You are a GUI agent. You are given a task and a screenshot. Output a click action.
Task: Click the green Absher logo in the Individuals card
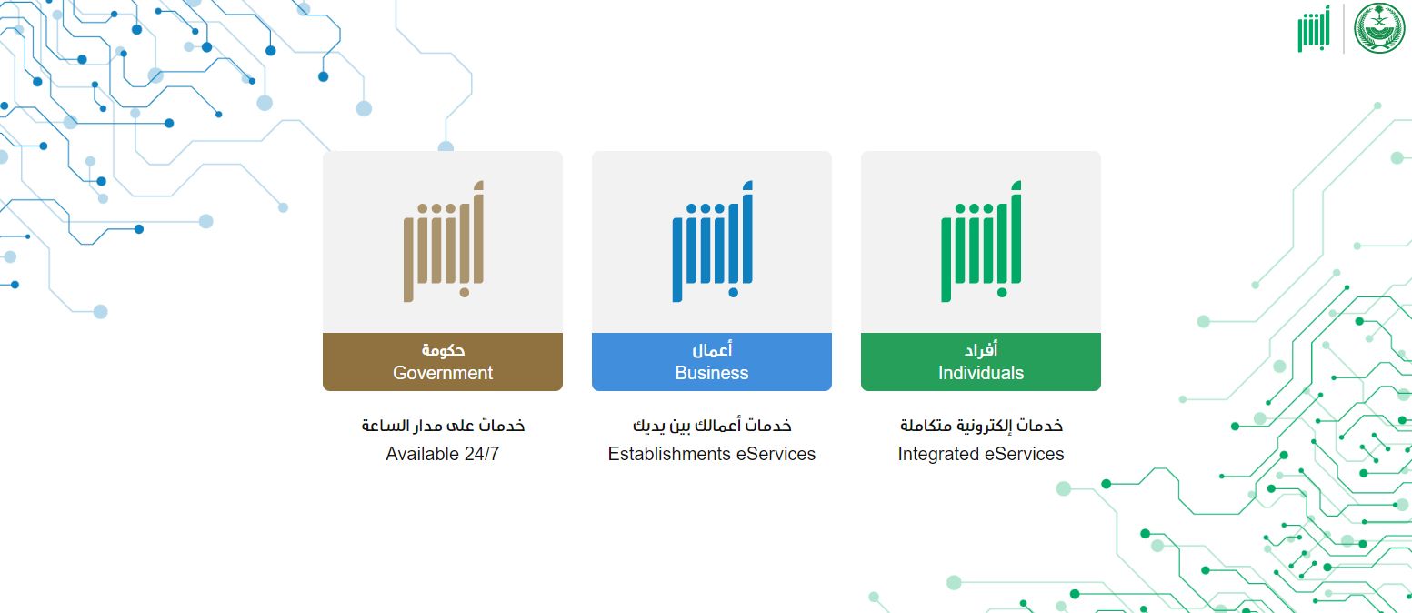[981, 242]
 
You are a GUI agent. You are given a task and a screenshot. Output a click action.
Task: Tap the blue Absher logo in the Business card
[712, 242]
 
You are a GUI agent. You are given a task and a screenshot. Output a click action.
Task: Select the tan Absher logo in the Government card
[443, 242]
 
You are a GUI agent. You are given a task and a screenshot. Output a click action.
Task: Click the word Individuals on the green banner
[981, 373]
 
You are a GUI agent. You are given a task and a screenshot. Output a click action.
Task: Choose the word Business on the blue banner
[712, 373]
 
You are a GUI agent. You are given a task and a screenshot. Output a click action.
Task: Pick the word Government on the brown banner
[443, 373]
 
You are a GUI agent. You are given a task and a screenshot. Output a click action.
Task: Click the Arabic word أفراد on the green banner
[981, 350]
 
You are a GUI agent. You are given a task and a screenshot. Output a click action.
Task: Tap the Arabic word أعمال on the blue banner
[712, 350]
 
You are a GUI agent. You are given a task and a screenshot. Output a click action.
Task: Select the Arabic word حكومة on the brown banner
[443, 350]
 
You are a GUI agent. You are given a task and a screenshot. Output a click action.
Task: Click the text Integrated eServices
[981, 454]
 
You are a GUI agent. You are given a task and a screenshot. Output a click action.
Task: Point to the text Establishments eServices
[712, 454]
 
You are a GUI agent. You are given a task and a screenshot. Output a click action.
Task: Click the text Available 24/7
[443, 454]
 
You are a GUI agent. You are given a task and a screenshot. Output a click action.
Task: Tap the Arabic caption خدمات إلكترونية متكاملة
[981, 426]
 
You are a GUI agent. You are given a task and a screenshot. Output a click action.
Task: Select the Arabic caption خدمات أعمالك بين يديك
[712, 426]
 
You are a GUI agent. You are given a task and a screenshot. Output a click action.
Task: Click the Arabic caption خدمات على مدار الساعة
[443, 426]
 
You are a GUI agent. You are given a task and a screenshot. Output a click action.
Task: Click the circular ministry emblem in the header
[1379, 28]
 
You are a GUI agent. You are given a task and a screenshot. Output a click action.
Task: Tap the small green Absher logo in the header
[1313, 29]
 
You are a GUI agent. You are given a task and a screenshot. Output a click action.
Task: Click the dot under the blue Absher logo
[734, 293]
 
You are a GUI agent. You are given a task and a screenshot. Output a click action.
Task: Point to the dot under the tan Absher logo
[465, 293]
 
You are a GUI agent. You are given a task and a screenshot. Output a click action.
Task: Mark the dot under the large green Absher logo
[1003, 293]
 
